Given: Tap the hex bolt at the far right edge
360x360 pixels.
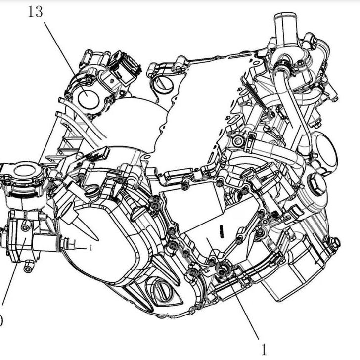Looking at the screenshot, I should [335, 243].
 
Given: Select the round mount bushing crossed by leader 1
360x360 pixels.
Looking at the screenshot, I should [223, 270].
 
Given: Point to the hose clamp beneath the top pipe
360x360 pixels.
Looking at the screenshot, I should [282, 64].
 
